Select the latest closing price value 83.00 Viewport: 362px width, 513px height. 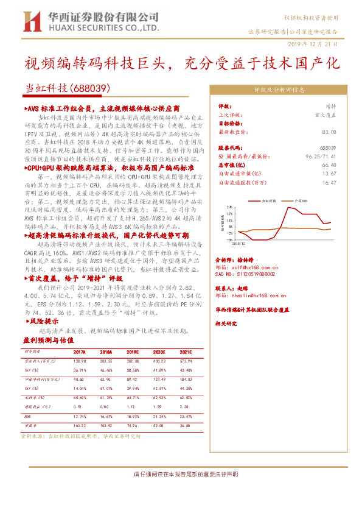coord(329,131)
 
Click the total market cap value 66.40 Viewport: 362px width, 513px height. coord(329,165)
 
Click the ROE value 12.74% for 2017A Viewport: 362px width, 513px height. coord(80,416)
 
